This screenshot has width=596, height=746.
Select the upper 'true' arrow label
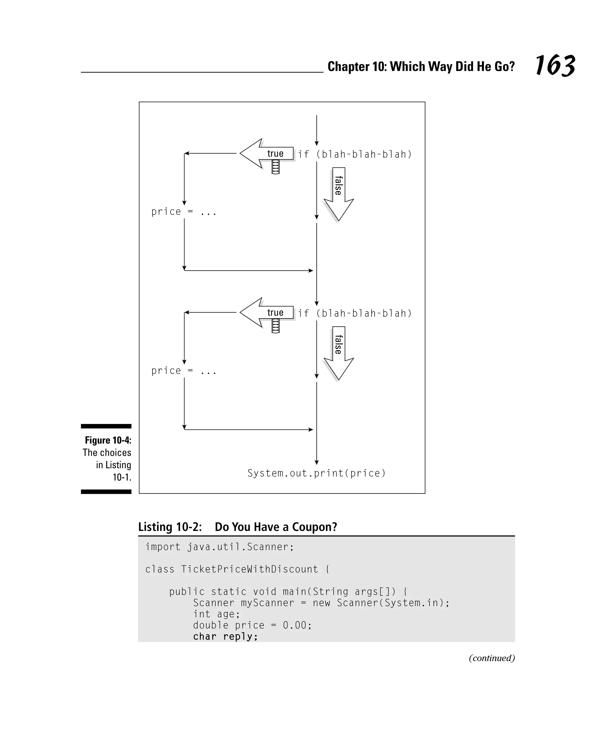point(275,153)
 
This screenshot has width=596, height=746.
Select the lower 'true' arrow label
point(275,312)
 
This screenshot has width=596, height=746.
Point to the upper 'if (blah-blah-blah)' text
point(355,154)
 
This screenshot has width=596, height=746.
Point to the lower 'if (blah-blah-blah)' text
point(355,314)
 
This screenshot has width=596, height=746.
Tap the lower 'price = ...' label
point(184,371)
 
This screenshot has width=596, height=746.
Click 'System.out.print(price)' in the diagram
point(316,473)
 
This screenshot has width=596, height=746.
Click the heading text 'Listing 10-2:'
point(170,527)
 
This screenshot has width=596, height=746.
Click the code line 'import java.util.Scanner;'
point(219,547)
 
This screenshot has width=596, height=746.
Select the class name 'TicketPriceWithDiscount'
point(249,570)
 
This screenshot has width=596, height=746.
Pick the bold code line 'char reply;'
point(225,637)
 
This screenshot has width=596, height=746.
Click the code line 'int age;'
point(216,614)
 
